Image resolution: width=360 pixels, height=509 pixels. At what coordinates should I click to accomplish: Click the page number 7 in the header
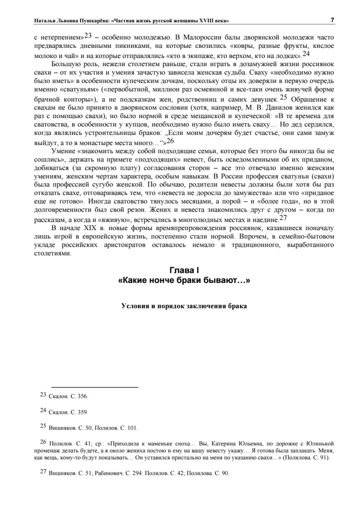coord(332,20)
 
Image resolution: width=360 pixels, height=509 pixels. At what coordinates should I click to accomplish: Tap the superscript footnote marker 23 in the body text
coord(88,36)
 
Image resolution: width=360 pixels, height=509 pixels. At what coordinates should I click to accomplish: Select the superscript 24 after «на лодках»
coord(306,54)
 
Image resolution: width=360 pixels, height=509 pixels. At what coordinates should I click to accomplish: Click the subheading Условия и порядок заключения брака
coord(184,306)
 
